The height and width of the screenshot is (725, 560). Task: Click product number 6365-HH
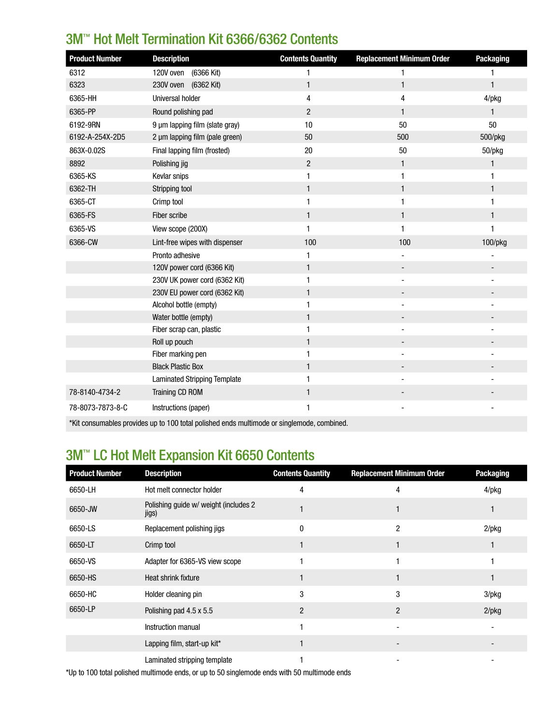[x=83, y=98]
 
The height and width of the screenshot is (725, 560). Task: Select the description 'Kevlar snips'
[x=170, y=176]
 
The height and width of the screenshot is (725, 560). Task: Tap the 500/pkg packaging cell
[x=492, y=137]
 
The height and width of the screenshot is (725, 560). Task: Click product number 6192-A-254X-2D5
[x=97, y=137]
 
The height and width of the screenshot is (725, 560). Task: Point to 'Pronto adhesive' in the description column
[x=176, y=255]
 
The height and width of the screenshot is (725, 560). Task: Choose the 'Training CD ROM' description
[x=177, y=392]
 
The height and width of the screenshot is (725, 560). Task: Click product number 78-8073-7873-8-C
[x=98, y=407]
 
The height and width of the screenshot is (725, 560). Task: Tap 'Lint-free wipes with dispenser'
[x=197, y=242]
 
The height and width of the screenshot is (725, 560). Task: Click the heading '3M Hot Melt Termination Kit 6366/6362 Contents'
[x=201, y=39]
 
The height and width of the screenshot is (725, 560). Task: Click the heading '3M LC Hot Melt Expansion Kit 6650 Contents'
[x=190, y=455]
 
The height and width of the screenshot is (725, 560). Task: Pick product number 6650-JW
[x=83, y=509]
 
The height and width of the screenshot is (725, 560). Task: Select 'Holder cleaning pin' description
[x=173, y=594]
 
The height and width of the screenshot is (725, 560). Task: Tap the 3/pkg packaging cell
[x=492, y=594]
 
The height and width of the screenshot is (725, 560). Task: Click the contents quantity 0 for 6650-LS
[x=302, y=528]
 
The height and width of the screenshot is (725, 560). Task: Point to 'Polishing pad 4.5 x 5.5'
[x=178, y=610]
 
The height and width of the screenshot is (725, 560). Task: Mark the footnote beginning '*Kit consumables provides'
[x=208, y=423]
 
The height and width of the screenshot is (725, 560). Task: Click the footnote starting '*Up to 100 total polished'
[x=208, y=672]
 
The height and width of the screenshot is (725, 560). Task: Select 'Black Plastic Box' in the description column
[x=177, y=366]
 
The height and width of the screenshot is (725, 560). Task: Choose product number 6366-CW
[x=83, y=242]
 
